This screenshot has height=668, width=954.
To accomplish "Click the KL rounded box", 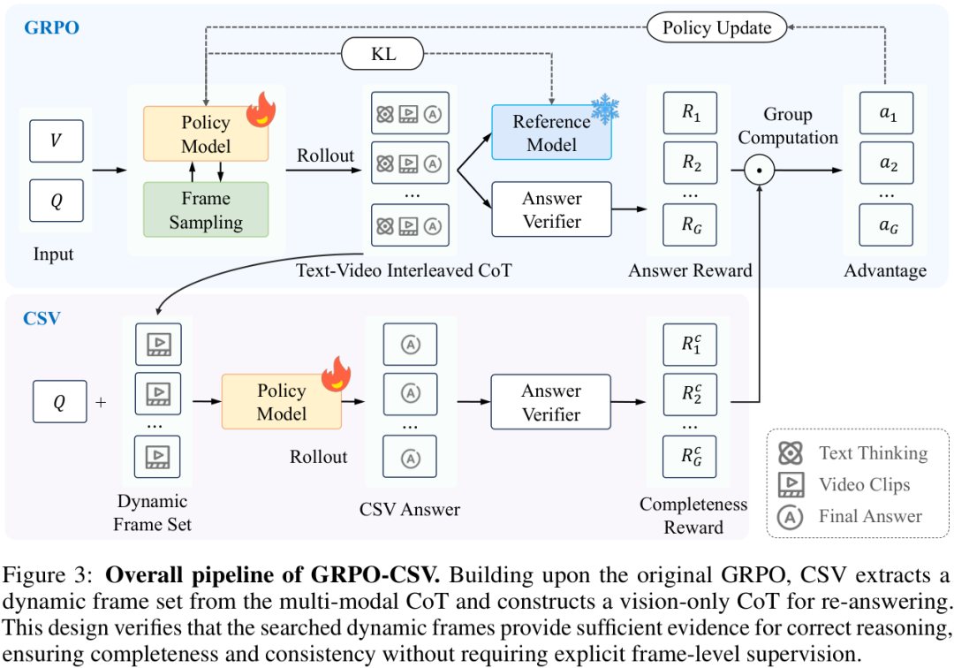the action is (x=382, y=54).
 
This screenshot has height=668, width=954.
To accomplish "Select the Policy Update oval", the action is (x=716, y=27).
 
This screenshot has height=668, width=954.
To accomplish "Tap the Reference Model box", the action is (x=551, y=133).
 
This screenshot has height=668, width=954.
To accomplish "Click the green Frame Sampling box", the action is (x=206, y=210).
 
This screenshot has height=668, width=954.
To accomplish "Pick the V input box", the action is (x=57, y=140).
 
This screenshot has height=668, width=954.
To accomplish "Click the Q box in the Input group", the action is (x=57, y=201).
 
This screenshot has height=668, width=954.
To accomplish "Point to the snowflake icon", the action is (x=605, y=109).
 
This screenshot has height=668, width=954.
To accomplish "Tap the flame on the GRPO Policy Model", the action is (x=261, y=109).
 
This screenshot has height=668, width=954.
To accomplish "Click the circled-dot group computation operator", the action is (x=759, y=170).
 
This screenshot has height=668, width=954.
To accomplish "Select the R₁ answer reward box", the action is (x=691, y=112).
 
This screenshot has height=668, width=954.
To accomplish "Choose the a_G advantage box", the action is (x=887, y=225).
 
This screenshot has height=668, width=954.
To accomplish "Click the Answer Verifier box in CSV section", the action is (x=550, y=402).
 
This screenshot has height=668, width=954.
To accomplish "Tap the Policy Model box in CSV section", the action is (x=281, y=401).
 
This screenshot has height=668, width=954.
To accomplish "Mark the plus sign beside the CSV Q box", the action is (x=101, y=402).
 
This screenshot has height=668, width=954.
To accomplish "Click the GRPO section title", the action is (x=52, y=27).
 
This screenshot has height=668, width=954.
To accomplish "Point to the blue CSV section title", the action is (x=42, y=318).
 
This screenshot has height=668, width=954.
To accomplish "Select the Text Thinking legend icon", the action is (x=791, y=452).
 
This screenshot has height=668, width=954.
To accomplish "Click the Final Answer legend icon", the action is (x=791, y=517).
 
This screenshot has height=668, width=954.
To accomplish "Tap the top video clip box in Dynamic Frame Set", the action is (x=158, y=345).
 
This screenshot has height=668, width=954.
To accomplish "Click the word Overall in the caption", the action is (x=145, y=574).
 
